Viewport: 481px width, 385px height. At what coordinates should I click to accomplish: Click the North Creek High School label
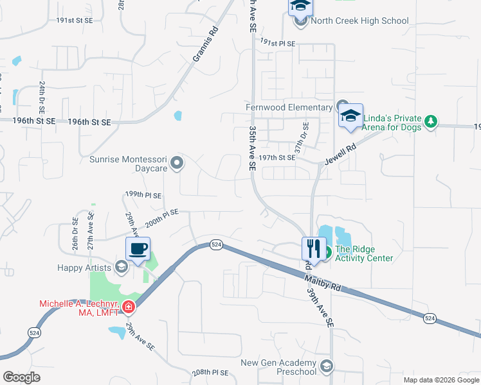[359, 21]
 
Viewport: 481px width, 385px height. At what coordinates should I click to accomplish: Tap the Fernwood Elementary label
[289, 107]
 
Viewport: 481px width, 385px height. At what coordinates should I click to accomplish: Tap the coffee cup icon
[138, 248]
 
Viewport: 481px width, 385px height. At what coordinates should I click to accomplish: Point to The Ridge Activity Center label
[364, 254]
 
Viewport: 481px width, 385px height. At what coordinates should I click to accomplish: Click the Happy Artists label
[83, 266]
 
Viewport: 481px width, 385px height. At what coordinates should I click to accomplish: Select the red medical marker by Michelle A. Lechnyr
[129, 307]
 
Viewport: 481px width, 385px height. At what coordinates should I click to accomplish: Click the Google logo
[21, 377]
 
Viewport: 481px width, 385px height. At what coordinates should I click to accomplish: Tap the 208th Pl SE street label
[210, 373]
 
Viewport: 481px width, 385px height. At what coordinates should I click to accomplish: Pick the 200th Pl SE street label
[162, 218]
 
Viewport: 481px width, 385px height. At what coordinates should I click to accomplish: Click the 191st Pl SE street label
[277, 43]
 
